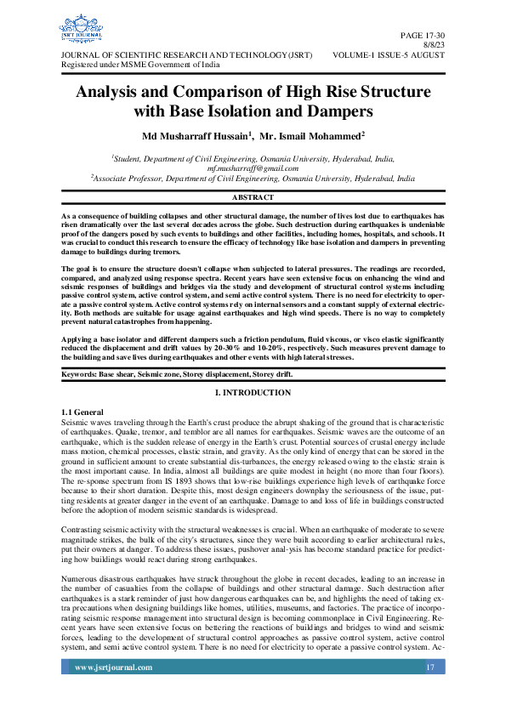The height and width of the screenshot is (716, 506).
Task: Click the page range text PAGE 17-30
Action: point(428,33)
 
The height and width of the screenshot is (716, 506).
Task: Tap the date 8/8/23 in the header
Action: point(434,43)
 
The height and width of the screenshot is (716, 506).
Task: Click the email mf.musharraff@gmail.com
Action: point(253,168)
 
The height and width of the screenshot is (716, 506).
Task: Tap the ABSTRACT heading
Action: point(253,197)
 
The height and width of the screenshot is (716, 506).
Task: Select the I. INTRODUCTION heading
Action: point(253,392)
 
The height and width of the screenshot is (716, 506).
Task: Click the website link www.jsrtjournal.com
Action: point(113,691)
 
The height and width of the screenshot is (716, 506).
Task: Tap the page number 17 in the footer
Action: point(430,691)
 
